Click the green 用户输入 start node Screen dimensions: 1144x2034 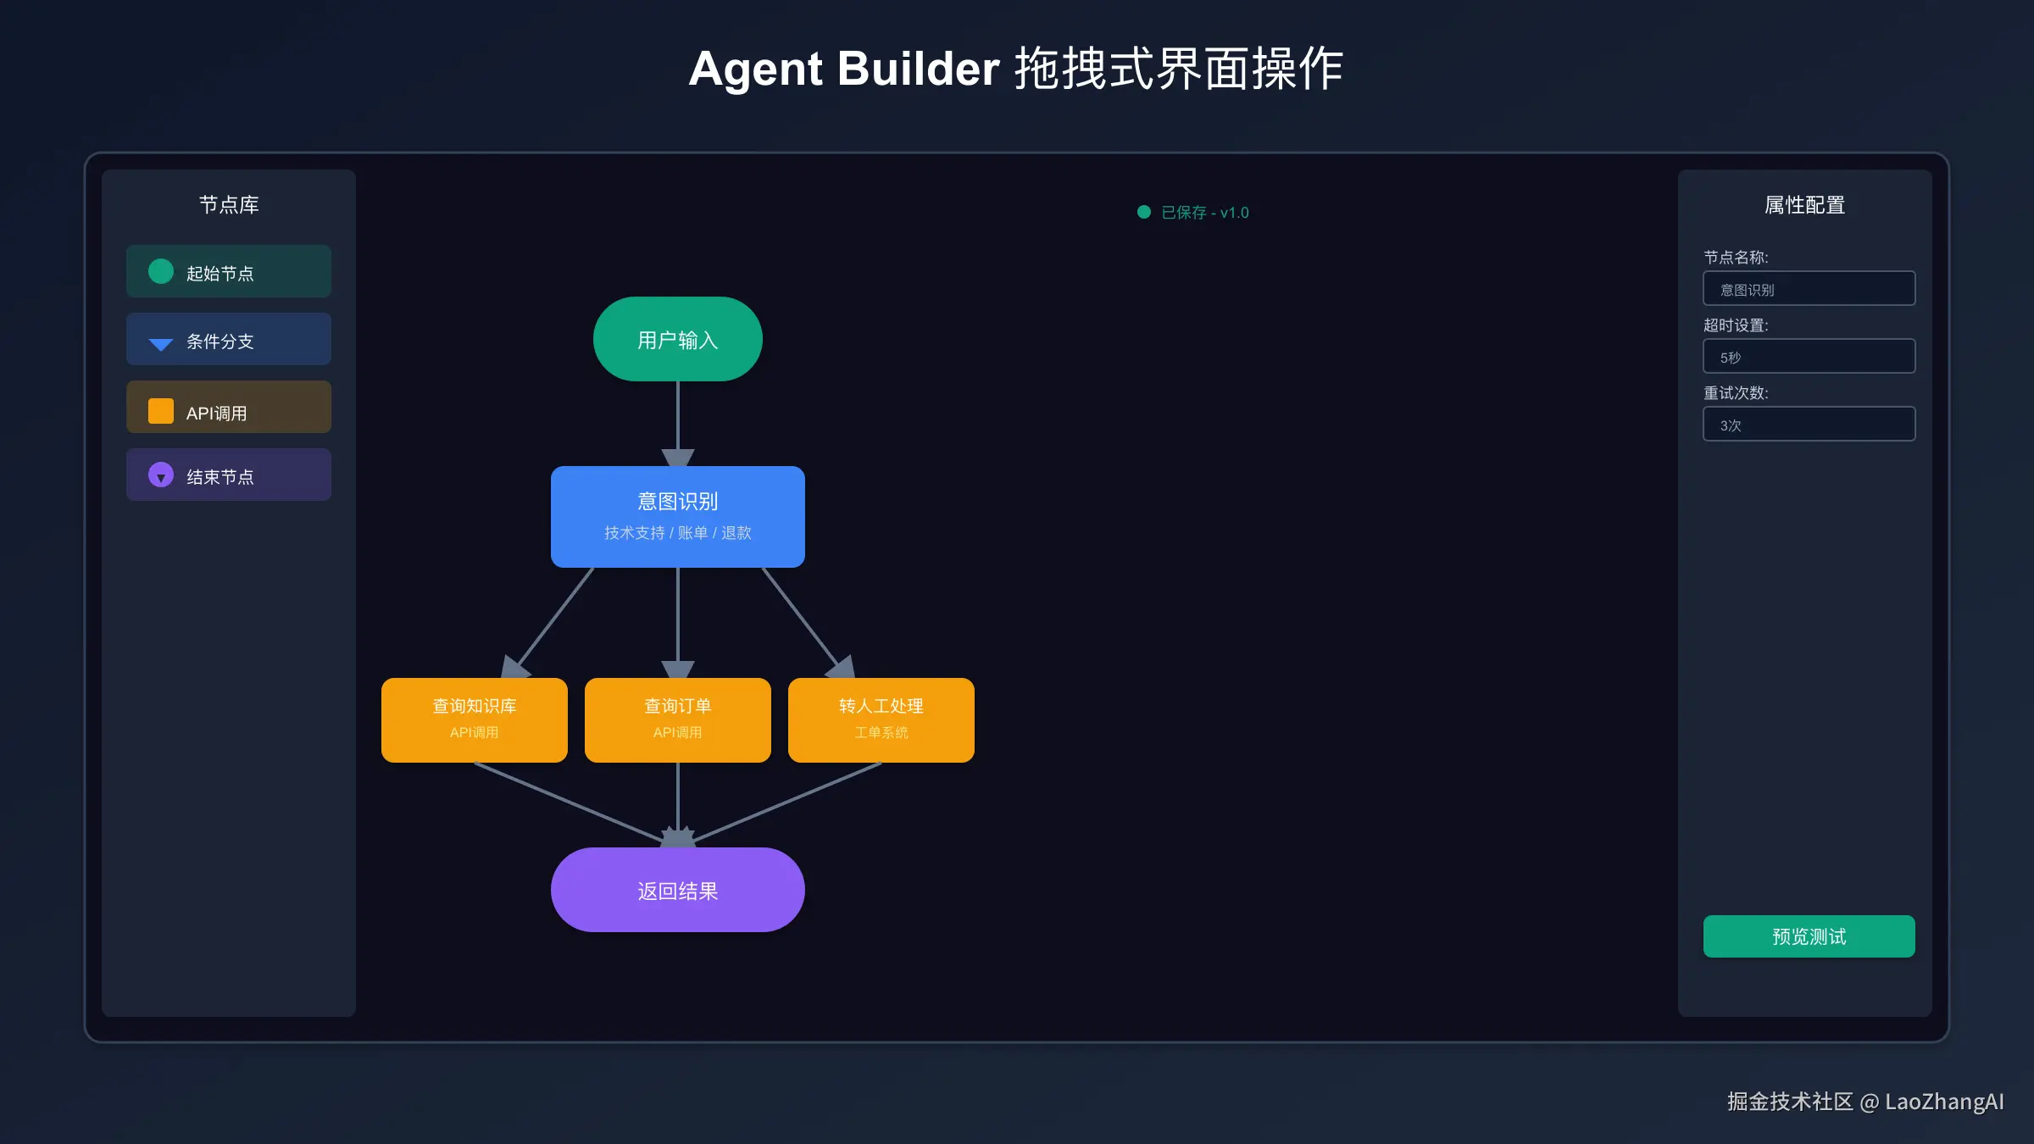[x=677, y=339]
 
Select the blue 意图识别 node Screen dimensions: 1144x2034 [x=677, y=516]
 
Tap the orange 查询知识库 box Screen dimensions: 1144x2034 [x=474, y=719]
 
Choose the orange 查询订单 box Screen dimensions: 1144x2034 [x=677, y=719]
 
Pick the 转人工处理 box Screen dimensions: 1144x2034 [x=881, y=719]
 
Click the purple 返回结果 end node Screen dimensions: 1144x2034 [x=677, y=890]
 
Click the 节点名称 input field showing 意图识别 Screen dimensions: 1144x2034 [x=1809, y=289]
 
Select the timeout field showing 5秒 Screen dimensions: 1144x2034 [x=1809, y=357]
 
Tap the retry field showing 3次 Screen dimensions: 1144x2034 [x=1809, y=425]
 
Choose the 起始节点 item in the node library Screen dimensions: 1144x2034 [x=228, y=272]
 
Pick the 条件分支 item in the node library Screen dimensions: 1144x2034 [x=228, y=340]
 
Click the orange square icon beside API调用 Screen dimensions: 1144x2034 [x=161, y=411]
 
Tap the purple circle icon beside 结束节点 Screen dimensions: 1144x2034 [x=161, y=475]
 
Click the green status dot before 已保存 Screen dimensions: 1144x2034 [x=1144, y=212]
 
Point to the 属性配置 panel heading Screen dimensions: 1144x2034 [x=1804, y=205]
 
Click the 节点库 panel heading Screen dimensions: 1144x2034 [x=228, y=205]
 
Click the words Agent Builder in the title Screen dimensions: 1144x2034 [x=844, y=69]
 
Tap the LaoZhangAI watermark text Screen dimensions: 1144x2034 [x=1944, y=1102]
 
